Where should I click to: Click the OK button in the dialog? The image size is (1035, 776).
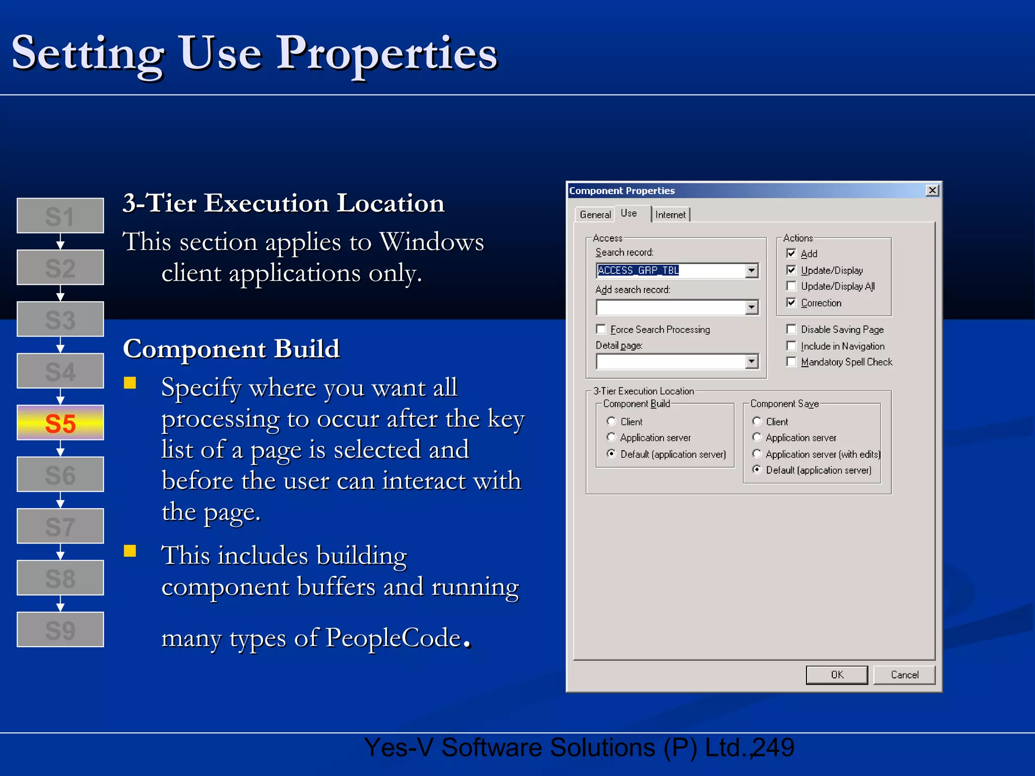(x=836, y=675)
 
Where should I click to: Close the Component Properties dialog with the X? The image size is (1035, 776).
(x=932, y=190)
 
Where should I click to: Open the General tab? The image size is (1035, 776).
(x=595, y=215)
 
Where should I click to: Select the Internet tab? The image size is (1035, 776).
(x=670, y=215)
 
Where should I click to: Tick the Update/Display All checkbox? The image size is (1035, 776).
(x=791, y=286)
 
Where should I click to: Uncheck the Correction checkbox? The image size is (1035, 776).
(x=791, y=303)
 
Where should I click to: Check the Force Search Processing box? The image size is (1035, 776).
(x=601, y=329)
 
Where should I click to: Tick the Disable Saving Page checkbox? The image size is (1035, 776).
(x=791, y=329)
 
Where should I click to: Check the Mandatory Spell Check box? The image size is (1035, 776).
(x=791, y=362)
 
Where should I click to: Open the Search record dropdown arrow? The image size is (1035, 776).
(x=752, y=271)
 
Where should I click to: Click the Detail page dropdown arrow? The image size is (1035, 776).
(x=752, y=361)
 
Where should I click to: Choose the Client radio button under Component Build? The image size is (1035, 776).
(x=611, y=421)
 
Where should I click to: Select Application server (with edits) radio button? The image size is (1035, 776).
(x=757, y=454)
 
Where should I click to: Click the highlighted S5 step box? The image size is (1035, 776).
(x=60, y=423)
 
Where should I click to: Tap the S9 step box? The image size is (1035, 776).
(x=60, y=629)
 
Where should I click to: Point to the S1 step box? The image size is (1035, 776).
(x=60, y=216)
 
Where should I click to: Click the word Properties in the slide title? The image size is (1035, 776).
(x=387, y=54)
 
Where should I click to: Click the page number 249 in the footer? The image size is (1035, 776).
(x=773, y=748)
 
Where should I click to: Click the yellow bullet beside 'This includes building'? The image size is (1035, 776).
(x=130, y=551)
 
